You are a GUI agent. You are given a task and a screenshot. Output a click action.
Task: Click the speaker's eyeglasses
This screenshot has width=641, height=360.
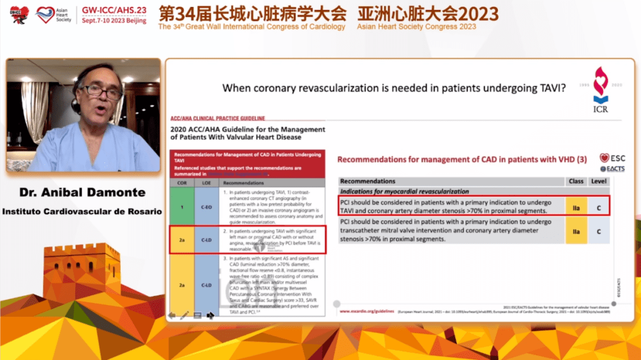(x=101, y=92)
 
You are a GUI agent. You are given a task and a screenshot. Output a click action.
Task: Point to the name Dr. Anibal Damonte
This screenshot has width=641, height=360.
(x=82, y=193)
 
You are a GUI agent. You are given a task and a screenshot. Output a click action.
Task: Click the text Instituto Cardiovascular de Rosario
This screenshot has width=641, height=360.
(x=82, y=211)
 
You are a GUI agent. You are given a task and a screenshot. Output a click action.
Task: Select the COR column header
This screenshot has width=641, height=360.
(x=181, y=183)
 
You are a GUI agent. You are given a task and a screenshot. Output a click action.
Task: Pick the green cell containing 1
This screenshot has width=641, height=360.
(x=181, y=206)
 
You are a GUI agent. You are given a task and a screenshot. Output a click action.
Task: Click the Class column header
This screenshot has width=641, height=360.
(x=576, y=181)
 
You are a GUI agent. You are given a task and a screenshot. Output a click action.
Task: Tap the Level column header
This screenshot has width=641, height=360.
(x=598, y=181)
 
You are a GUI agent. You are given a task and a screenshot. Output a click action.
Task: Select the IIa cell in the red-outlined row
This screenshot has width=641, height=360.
(x=576, y=206)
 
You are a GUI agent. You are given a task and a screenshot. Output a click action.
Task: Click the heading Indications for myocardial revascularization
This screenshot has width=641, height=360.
(x=404, y=192)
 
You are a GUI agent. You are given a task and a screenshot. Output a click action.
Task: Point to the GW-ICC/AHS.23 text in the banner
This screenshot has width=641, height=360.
(x=114, y=10)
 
